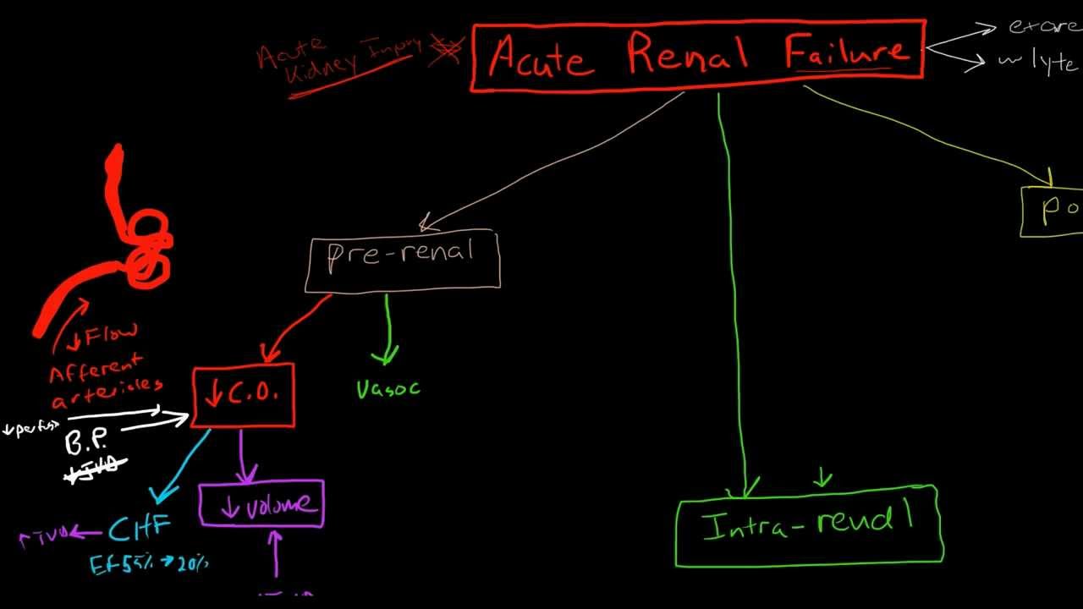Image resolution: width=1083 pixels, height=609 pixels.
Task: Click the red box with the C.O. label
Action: [244, 395]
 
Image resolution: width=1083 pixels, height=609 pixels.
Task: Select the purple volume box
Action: [261, 505]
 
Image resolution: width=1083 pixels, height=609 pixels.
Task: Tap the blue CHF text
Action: [140, 529]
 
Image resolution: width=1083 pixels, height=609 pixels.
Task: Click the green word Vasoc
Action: [388, 389]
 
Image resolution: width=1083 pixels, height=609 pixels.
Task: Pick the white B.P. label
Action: [86, 442]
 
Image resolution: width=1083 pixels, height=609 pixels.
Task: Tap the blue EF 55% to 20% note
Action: [149, 564]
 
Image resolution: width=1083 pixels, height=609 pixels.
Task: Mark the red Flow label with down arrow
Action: [105, 337]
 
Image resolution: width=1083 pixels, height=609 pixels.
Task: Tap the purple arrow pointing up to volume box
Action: [274, 558]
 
